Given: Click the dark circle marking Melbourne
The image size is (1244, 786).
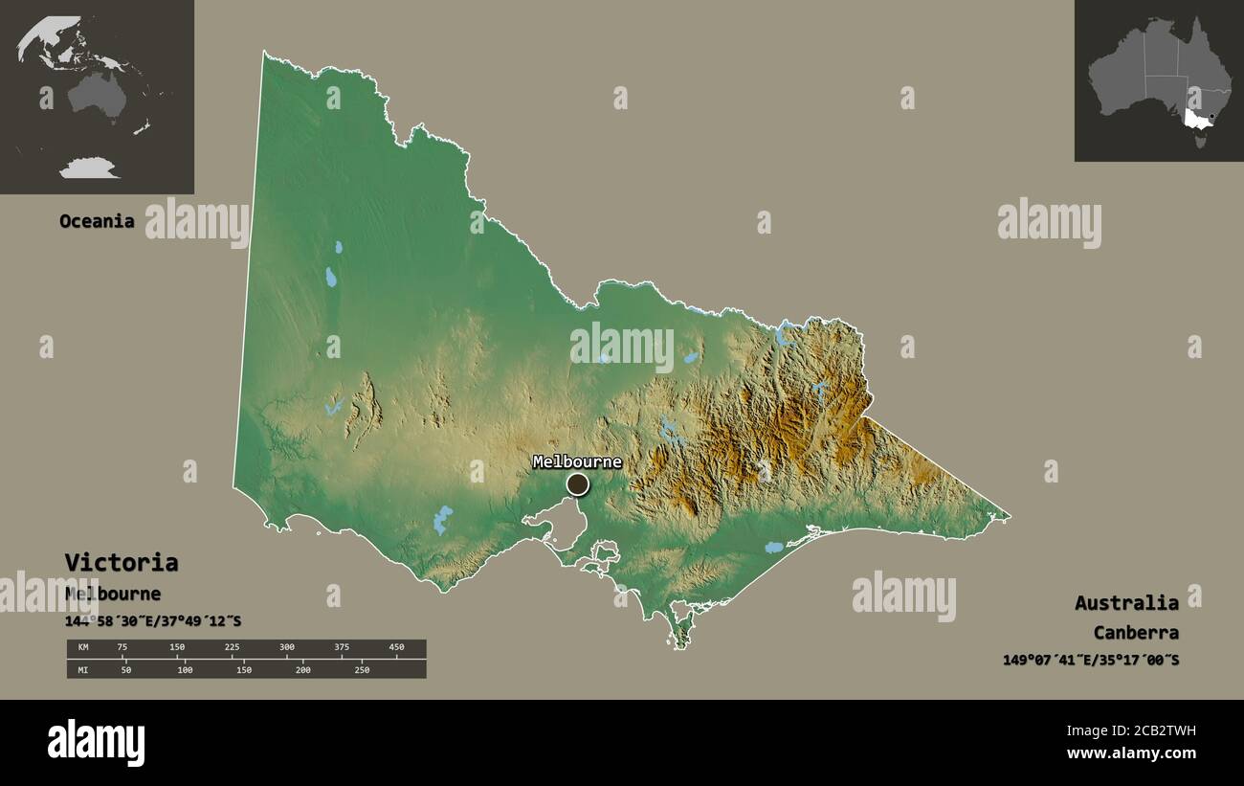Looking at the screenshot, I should [577, 484].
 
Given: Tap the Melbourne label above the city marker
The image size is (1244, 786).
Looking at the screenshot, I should [577, 462].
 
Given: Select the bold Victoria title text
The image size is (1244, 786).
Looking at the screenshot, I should [121, 562].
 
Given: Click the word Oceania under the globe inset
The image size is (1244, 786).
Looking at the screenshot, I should [97, 221].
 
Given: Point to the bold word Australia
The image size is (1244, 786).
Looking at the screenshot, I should [1126, 602].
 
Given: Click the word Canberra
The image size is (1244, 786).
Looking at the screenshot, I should [1136, 633].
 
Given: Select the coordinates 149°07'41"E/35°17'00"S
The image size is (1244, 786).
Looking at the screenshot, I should [1091, 660].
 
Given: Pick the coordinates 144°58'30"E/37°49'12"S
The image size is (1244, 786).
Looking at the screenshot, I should [153, 621].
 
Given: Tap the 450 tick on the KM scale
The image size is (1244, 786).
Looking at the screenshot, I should [396, 647].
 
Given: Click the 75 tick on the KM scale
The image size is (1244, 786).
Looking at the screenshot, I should [122, 647].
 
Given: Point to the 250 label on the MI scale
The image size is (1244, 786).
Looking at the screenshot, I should [362, 669].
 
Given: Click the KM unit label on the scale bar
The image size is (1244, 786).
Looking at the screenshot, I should [82, 647].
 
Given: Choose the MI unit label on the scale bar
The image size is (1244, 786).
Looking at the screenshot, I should [82, 669].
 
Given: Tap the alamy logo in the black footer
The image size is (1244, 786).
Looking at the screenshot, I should [97, 743].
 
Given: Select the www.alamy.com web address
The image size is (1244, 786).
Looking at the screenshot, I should [1132, 753].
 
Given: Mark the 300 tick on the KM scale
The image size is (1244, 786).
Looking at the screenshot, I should [287, 647].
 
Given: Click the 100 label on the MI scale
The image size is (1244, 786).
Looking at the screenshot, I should [185, 669].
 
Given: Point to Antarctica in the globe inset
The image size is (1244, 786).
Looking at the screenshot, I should [89, 169].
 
